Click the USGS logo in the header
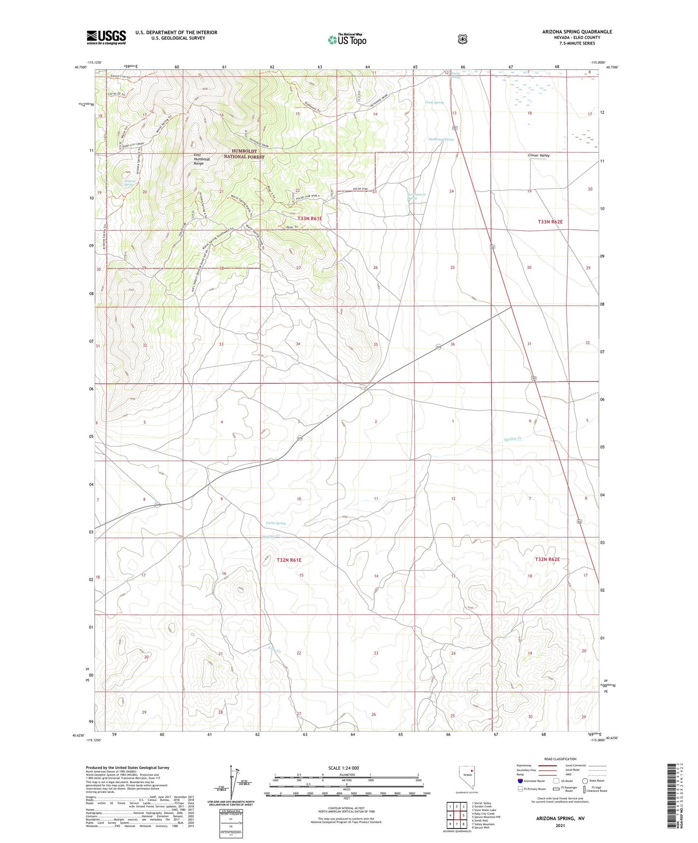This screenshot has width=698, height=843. (x=106, y=37)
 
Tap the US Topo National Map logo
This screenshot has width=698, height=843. (x=347, y=39)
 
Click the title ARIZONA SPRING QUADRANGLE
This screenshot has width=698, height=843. (x=577, y=32)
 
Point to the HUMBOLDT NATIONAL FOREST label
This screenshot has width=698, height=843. (x=244, y=154)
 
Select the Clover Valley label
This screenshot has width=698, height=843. (x=539, y=155)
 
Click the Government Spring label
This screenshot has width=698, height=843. (x=416, y=197)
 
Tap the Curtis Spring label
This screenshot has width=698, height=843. (x=276, y=523)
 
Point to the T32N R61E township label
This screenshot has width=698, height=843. (x=289, y=560)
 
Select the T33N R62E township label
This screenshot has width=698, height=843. (x=550, y=222)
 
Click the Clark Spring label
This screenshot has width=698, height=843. (x=434, y=102)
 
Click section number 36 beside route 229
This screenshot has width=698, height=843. (x=453, y=344)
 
